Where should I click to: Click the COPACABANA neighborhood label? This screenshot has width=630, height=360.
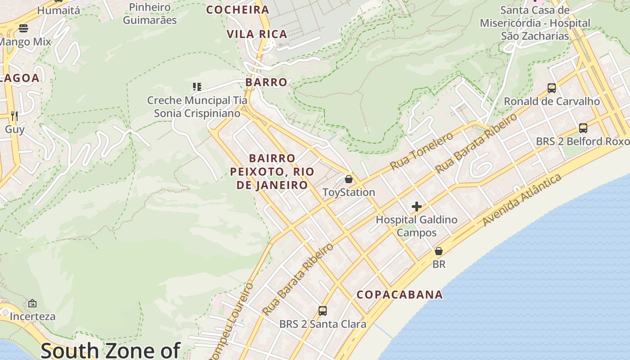tap(400, 295)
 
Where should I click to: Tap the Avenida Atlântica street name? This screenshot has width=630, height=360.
tap(522, 200)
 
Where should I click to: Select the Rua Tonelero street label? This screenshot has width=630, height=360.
tap(422, 151)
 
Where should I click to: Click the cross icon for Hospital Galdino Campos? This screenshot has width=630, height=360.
tap(417, 207)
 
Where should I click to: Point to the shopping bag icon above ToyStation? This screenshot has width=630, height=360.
tap(348, 179)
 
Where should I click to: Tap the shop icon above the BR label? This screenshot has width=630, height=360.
tap(439, 251)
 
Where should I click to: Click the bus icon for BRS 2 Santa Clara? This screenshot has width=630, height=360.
tap(323, 310)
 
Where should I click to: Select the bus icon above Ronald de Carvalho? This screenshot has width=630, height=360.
tap(552, 88)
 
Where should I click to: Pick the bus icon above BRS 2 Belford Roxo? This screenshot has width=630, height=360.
tap(583, 128)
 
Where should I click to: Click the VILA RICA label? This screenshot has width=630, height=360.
tap(257, 34)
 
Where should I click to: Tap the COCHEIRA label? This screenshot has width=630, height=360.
tap(238, 10)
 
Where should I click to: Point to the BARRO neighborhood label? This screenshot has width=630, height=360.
tap(266, 82)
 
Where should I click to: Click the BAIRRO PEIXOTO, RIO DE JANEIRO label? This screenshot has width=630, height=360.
tap(272, 171)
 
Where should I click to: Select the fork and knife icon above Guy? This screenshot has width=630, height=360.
tap(14, 116)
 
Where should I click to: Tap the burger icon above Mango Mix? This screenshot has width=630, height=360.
tap(23, 28)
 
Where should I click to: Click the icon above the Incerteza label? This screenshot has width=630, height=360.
tap(32, 303)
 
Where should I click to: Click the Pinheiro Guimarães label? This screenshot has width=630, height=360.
tap(150, 13)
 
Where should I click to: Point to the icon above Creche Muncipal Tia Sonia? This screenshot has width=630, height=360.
tap(197, 86)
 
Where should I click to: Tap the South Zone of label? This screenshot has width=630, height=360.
tap(110, 350)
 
